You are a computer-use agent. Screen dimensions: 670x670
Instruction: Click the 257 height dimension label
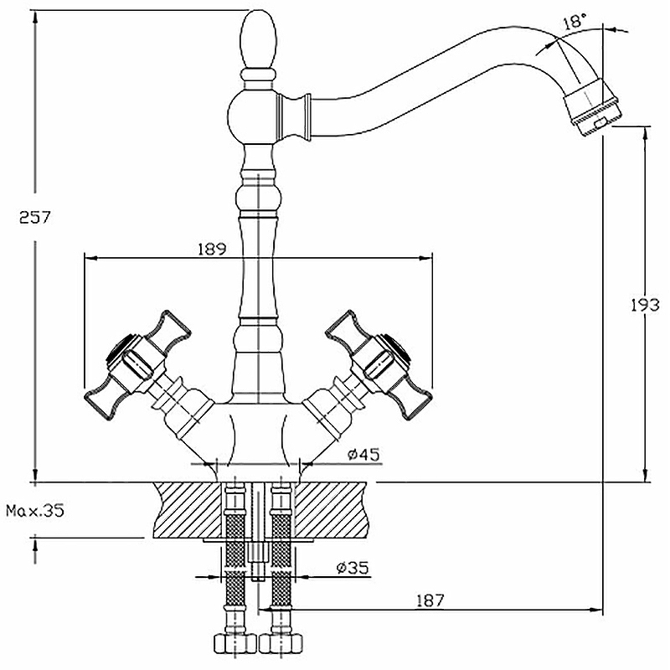pyautogui.click(x=35, y=218)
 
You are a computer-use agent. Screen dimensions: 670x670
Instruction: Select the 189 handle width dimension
pyautogui.click(x=212, y=249)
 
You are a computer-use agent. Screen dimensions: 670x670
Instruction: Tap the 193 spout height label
pyautogui.click(x=645, y=305)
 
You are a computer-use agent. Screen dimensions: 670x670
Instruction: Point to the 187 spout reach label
pyautogui.click(x=430, y=600)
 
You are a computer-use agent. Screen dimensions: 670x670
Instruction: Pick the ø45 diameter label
pyautogui.click(x=363, y=455)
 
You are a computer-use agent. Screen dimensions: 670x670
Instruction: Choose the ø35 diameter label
pyautogui.click(x=352, y=568)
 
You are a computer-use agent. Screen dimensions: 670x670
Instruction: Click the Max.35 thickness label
pyautogui.click(x=35, y=510)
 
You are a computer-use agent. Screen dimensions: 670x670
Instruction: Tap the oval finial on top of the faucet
pyautogui.click(x=259, y=39)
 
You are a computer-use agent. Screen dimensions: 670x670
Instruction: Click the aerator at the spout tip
pyautogui.click(x=591, y=109)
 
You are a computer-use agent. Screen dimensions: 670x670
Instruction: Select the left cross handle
pyautogui.click(x=137, y=364)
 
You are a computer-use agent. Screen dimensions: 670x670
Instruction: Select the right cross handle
pyautogui.click(x=379, y=364)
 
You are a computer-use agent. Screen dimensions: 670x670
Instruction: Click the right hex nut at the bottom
pyautogui.click(x=281, y=643)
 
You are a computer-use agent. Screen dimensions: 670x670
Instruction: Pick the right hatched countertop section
pyautogui.click(x=332, y=509)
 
